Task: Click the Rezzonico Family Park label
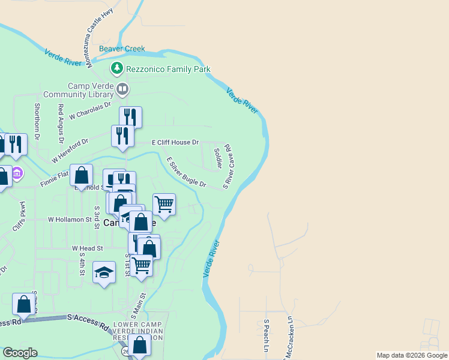[168, 70]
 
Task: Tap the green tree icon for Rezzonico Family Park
[117, 69]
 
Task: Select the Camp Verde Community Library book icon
[122, 90]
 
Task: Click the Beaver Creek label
[122, 49]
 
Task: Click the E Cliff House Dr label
[175, 142]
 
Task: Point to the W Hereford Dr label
[70, 151]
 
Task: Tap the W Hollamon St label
[70, 220]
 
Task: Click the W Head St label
[88, 248]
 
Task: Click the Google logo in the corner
[20, 353]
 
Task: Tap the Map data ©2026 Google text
[412, 355]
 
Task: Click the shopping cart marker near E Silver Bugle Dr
[164, 205]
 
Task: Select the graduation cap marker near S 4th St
[104, 272]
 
